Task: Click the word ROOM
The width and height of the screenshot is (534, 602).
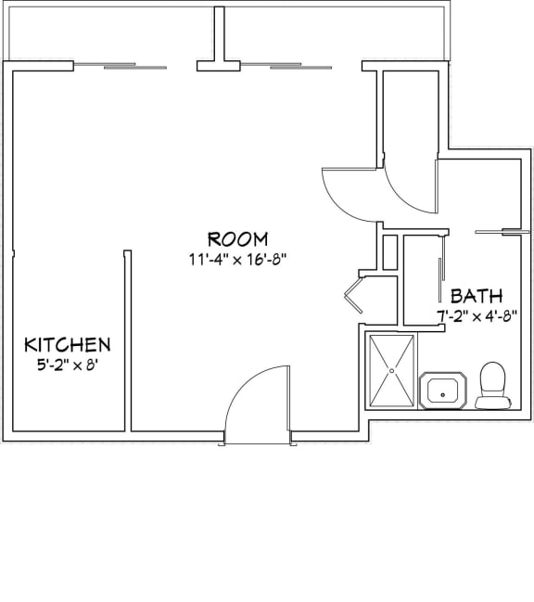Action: [237, 238]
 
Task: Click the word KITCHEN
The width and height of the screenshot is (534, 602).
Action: [67, 344]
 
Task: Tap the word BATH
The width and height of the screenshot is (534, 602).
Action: [477, 296]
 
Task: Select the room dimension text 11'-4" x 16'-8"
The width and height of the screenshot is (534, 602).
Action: [237, 260]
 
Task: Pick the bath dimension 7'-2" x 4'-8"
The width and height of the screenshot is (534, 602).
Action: [484, 315]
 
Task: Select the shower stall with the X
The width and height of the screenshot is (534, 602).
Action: [392, 371]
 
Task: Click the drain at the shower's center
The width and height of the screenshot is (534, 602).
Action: [392, 370]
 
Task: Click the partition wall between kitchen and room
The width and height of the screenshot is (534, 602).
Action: [127, 339]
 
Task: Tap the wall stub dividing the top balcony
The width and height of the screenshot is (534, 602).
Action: [220, 37]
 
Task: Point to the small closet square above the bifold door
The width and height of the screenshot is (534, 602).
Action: [389, 251]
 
